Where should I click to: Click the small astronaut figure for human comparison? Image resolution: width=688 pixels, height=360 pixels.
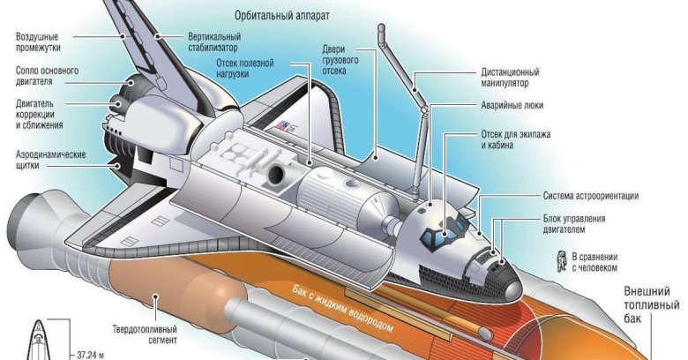[x=559, y=258]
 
